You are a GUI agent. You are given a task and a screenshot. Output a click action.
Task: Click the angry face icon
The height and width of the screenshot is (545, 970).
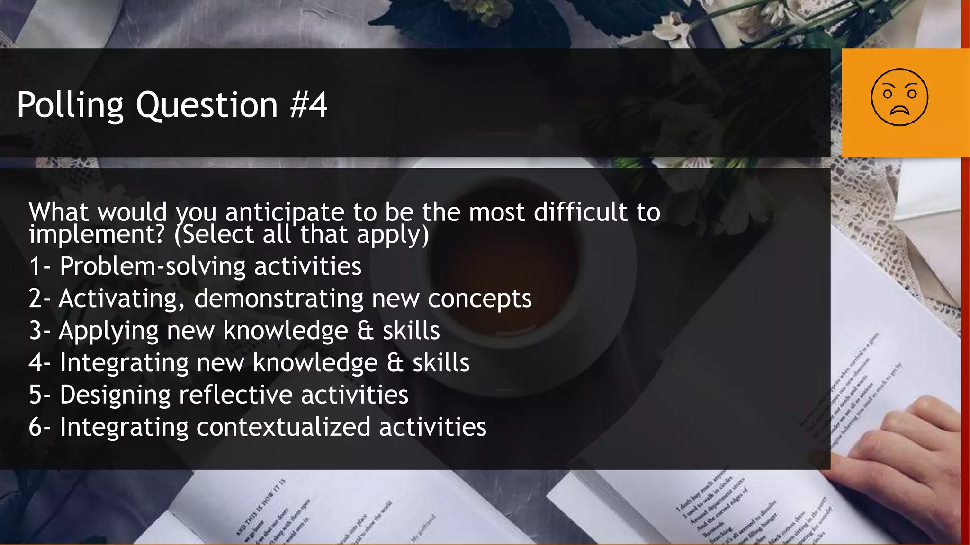point(899,97)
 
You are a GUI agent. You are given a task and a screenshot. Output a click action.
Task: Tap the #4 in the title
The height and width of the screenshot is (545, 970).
point(308,105)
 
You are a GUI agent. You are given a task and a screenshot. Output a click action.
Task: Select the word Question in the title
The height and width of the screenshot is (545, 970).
point(207,105)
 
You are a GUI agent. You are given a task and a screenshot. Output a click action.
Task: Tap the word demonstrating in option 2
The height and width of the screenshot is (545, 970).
point(278,299)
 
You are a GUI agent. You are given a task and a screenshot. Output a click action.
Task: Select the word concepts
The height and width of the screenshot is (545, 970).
point(479,299)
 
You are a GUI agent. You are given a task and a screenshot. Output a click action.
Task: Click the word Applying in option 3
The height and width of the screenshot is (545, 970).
point(108,331)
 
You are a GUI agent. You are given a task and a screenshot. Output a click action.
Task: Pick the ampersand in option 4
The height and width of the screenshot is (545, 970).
point(395,363)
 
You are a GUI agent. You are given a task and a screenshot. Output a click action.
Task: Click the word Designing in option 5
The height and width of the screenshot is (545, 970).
point(115,395)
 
